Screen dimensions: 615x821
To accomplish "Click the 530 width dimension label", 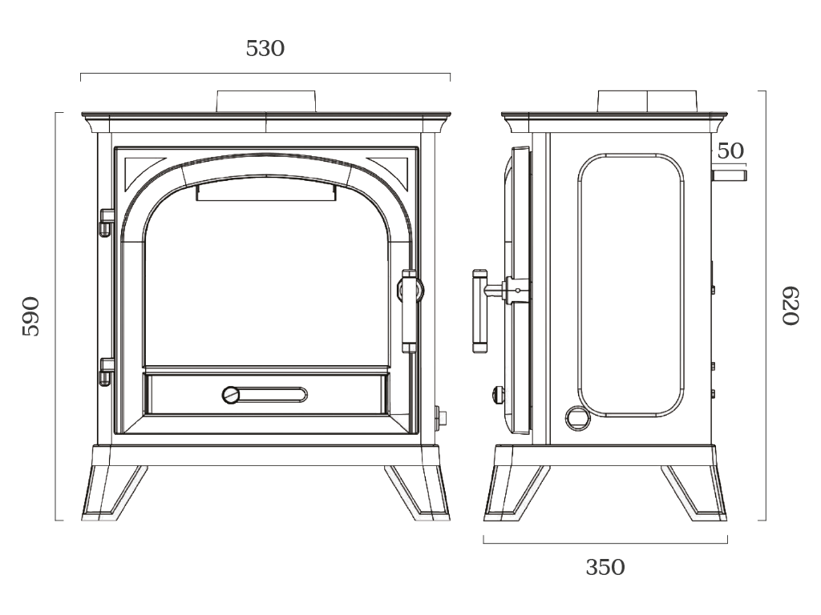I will pos(265,49).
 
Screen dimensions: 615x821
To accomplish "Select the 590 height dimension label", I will pos(30,316).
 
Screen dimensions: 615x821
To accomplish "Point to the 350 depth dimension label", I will pos(605,568).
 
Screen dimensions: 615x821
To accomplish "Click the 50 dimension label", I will pos(730,151).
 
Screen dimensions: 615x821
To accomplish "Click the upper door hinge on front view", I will pos(105,222).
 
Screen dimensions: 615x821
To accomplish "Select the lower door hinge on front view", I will pos(105,372).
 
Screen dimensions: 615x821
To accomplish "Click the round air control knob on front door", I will pos(232,395).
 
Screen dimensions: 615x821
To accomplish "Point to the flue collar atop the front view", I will pos(265,101).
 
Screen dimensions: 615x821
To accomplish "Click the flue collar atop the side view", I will pos(645,101).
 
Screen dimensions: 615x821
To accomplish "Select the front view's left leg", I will pos(112,492).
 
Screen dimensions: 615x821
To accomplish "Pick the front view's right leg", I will pos(418,492).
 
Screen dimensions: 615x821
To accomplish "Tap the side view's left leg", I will pos(513,492).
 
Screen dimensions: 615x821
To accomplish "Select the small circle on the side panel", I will pos(576,416).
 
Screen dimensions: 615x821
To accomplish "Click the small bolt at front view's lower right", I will pos(440,416).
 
